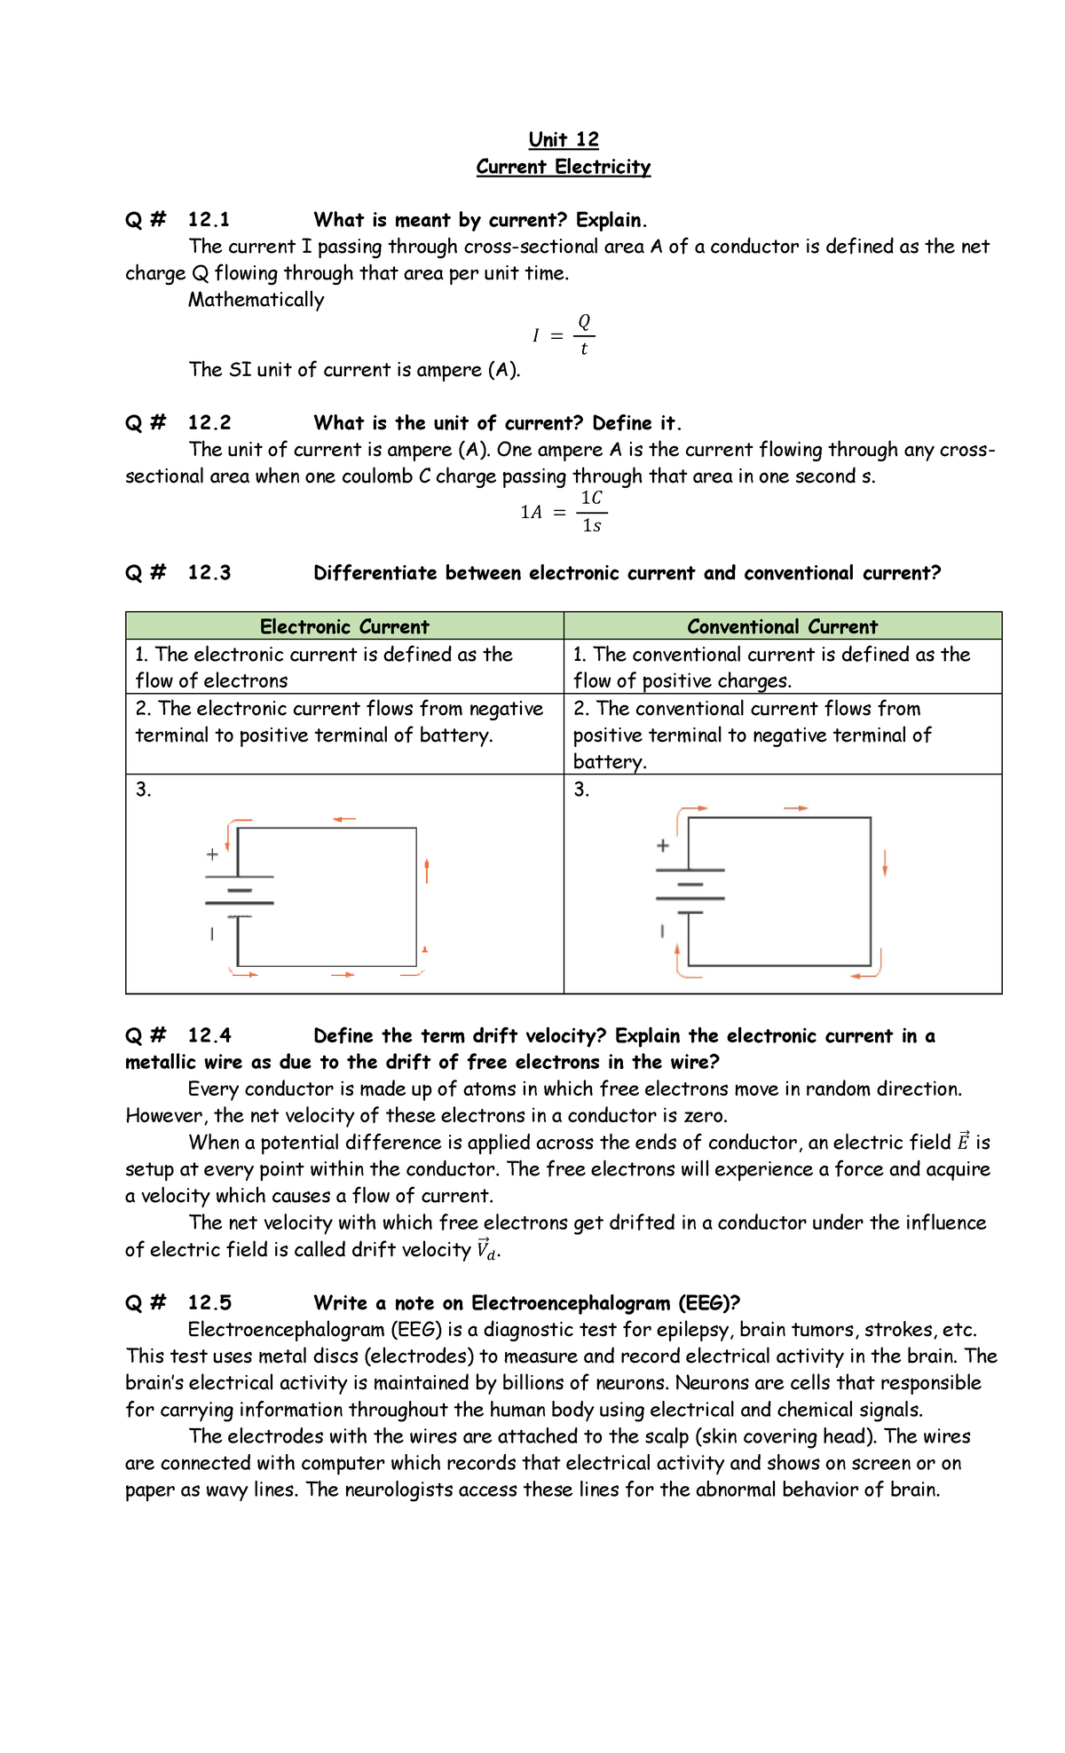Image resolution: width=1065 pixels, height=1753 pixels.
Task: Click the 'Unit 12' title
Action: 564,139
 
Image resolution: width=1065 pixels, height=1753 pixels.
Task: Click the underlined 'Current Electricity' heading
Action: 564,167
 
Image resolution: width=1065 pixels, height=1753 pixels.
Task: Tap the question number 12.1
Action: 209,220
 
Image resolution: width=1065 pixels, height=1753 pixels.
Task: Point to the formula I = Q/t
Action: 564,335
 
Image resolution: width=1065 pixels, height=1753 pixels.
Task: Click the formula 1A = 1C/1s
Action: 564,512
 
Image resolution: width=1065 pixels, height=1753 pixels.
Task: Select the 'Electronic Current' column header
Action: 344,626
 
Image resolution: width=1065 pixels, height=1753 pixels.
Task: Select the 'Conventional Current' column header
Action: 782,626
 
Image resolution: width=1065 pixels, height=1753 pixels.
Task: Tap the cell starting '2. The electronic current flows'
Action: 340,721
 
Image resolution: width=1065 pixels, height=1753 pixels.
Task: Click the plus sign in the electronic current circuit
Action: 212,855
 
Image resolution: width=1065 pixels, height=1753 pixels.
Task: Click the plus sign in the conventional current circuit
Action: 662,846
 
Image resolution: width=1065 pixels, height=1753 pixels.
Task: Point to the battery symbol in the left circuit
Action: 240,896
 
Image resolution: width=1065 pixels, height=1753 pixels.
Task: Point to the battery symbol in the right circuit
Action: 690,891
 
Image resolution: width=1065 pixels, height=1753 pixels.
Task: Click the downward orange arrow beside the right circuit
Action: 885,862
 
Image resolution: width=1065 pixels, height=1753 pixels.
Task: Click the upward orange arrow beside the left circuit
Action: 427,870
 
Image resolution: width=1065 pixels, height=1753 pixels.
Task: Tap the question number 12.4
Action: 209,1036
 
